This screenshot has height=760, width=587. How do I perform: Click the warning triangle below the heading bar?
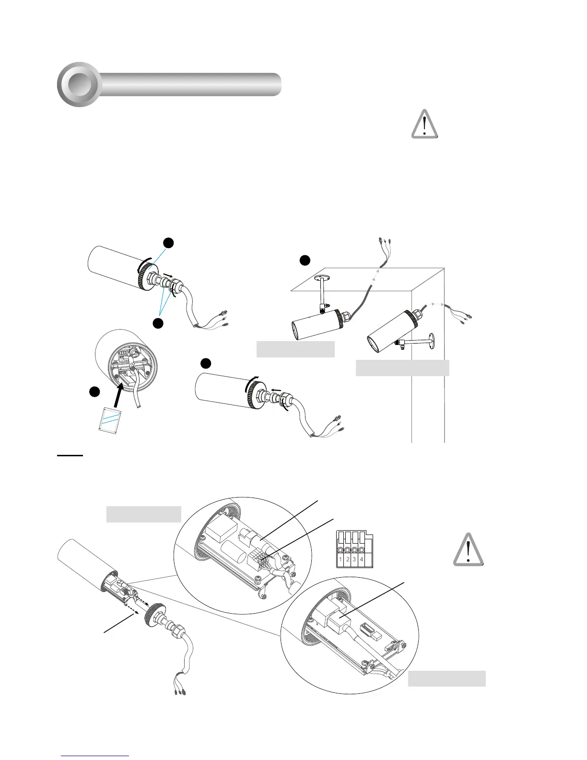click(424, 125)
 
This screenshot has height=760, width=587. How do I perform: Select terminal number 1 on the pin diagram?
click(340, 559)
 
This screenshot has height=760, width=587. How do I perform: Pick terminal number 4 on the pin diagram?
click(361, 559)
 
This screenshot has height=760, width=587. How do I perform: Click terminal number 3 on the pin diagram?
click(354, 559)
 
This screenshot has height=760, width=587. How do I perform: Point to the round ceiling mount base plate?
click(322, 276)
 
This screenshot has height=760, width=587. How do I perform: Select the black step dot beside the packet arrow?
click(94, 392)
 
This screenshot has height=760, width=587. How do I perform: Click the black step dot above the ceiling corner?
click(305, 261)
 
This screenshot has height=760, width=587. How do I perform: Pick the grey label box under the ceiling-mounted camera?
click(295, 349)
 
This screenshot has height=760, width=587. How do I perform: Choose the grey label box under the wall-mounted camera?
click(402, 368)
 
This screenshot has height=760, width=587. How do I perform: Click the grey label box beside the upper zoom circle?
click(143, 514)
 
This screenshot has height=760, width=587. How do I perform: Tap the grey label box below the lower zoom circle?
click(446, 678)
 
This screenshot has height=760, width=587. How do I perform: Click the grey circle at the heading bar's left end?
click(78, 84)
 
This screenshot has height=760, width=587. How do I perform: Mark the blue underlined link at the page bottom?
click(95, 756)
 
